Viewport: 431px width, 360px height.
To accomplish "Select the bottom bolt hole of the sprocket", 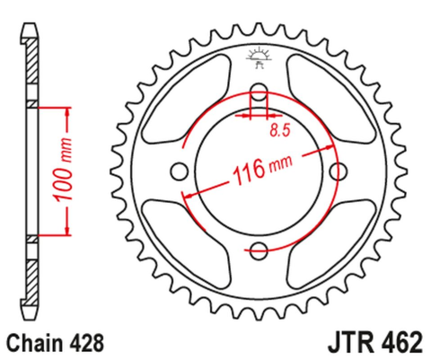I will click(259, 250).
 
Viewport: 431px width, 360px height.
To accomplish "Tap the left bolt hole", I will click(179, 171).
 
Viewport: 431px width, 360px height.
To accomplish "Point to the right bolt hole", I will click(339, 171).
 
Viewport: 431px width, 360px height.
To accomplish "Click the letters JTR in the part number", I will click(340, 342).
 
